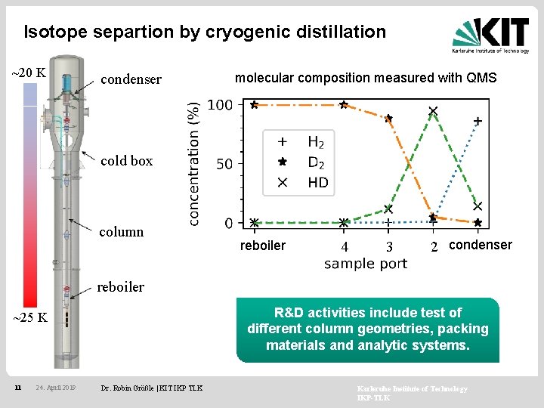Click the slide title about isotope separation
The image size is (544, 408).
[205, 32]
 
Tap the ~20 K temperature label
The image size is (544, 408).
[29, 73]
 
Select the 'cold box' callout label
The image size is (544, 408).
[126, 160]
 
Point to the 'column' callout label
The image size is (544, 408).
[122, 231]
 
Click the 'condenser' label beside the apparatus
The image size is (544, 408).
[131, 79]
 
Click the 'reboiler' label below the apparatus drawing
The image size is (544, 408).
[120, 286]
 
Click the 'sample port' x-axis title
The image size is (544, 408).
[366, 264]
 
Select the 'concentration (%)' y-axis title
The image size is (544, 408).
[194, 163]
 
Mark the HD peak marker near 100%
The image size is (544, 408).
[433, 111]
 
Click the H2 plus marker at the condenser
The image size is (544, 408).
[478, 121]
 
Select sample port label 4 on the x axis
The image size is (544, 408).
[344, 247]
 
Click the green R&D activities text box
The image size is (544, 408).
[368, 329]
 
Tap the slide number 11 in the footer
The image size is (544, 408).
[17, 388]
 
